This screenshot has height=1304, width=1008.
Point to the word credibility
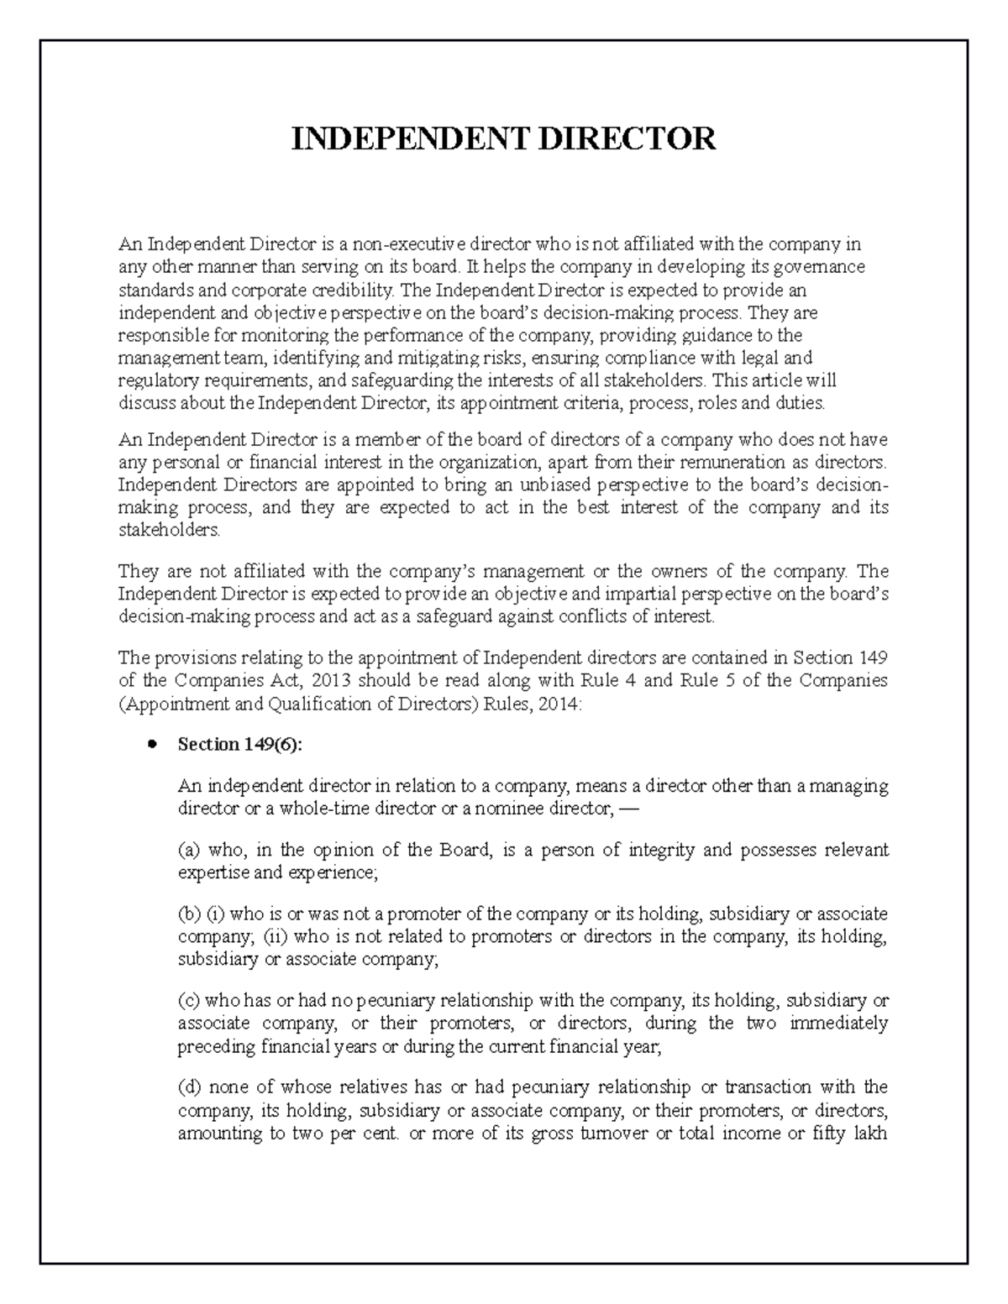click(353, 291)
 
